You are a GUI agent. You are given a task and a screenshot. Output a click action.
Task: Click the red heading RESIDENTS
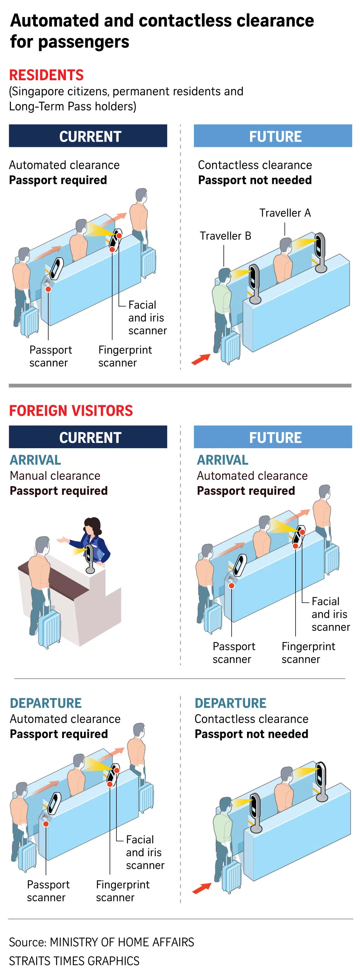46,75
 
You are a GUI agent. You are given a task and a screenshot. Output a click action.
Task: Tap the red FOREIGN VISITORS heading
71,411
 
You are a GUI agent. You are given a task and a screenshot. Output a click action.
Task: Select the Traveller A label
285,213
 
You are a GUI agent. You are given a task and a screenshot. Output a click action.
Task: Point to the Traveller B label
225,236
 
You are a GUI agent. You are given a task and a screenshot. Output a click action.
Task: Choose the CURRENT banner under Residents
88,136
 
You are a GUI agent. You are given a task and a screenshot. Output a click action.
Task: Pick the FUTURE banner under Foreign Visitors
273,437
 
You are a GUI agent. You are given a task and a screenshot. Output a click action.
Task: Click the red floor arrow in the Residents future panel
201,359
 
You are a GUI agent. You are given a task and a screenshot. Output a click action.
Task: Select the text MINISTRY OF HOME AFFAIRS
122,942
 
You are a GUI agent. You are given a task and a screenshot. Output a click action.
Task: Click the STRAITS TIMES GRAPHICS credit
74,960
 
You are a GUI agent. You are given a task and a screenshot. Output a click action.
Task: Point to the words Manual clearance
55,476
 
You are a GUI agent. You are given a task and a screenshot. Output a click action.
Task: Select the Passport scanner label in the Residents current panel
50,356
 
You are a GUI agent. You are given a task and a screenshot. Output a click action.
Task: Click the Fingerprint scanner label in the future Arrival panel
308,652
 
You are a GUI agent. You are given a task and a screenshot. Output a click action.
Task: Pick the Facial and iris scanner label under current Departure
145,852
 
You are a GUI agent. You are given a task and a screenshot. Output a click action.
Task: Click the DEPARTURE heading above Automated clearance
46,703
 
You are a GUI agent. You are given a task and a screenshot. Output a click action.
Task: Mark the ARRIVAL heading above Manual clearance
35,460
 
